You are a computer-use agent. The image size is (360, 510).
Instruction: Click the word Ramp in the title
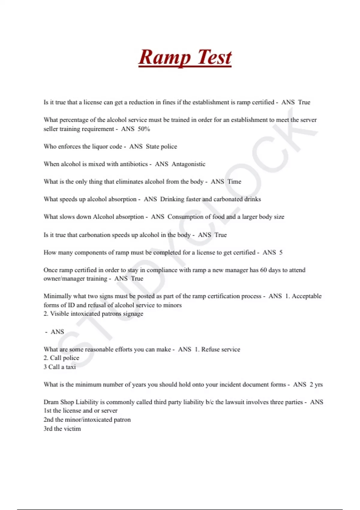tap(164, 57)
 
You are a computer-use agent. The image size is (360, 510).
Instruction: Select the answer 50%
tap(144, 129)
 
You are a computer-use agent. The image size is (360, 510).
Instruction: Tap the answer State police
tap(161, 146)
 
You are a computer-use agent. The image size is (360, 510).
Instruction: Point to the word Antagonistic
tap(188, 164)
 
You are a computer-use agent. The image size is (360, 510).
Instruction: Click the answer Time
tap(234, 181)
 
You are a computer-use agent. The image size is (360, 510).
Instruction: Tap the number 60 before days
tap(263, 270)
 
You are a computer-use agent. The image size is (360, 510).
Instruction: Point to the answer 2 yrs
tap(316, 385)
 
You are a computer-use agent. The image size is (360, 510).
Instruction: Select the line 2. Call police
tap(61, 358)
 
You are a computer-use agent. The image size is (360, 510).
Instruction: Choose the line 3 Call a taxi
tap(59, 367)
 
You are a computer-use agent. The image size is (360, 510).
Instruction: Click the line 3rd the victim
tap(62, 429)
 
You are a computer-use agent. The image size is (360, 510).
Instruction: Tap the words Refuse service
tap(220, 349)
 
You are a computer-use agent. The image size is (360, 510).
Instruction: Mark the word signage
tap(133, 314)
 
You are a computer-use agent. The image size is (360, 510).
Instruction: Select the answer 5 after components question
tap(281, 253)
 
